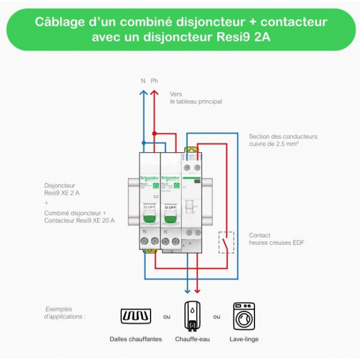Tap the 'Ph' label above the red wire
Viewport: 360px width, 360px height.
click(155, 81)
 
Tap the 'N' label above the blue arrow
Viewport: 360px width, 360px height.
click(143, 81)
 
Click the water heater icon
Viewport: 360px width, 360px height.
click(191, 316)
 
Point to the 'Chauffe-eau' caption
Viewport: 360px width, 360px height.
click(191, 339)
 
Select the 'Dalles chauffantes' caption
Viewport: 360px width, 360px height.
click(136, 339)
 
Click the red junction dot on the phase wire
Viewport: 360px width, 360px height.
click(155, 133)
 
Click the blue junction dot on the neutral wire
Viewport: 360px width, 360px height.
click(143, 142)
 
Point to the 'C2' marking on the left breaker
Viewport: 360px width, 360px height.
click(155, 196)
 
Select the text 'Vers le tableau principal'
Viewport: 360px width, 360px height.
click(196, 98)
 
